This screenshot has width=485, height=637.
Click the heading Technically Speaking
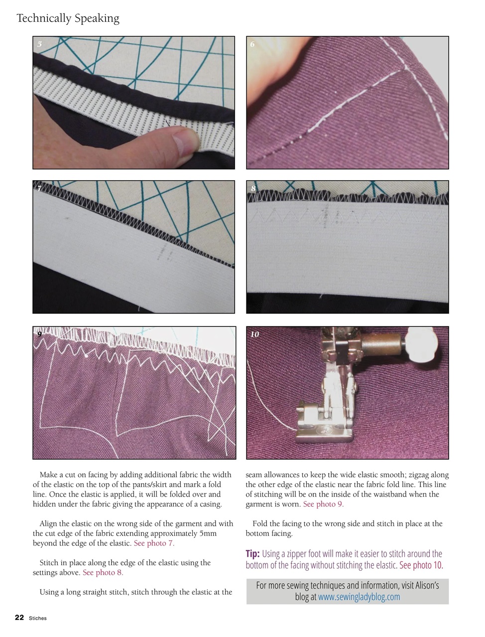[68, 18]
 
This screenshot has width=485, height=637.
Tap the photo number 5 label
[39, 44]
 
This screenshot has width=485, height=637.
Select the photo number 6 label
[252, 44]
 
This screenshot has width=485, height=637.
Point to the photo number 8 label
[253, 189]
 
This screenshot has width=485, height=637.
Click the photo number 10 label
[254, 334]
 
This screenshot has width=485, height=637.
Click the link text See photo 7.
[154, 543]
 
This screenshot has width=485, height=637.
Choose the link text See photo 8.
[103, 572]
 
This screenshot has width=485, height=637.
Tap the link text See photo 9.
[323, 504]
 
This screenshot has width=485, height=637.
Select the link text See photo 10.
[421, 565]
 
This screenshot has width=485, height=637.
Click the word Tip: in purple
[252, 554]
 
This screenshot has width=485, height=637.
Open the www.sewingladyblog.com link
[359, 597]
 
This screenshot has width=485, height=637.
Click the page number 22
[19, 618]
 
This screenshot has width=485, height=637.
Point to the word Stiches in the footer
[38, 618]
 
